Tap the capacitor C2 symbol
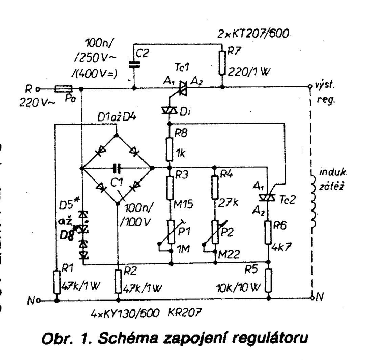[x=134, y=64]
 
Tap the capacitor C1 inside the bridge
[x=118, y=167]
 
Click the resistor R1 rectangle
[x=54, y=281]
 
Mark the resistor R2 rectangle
[x=118, y=281]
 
